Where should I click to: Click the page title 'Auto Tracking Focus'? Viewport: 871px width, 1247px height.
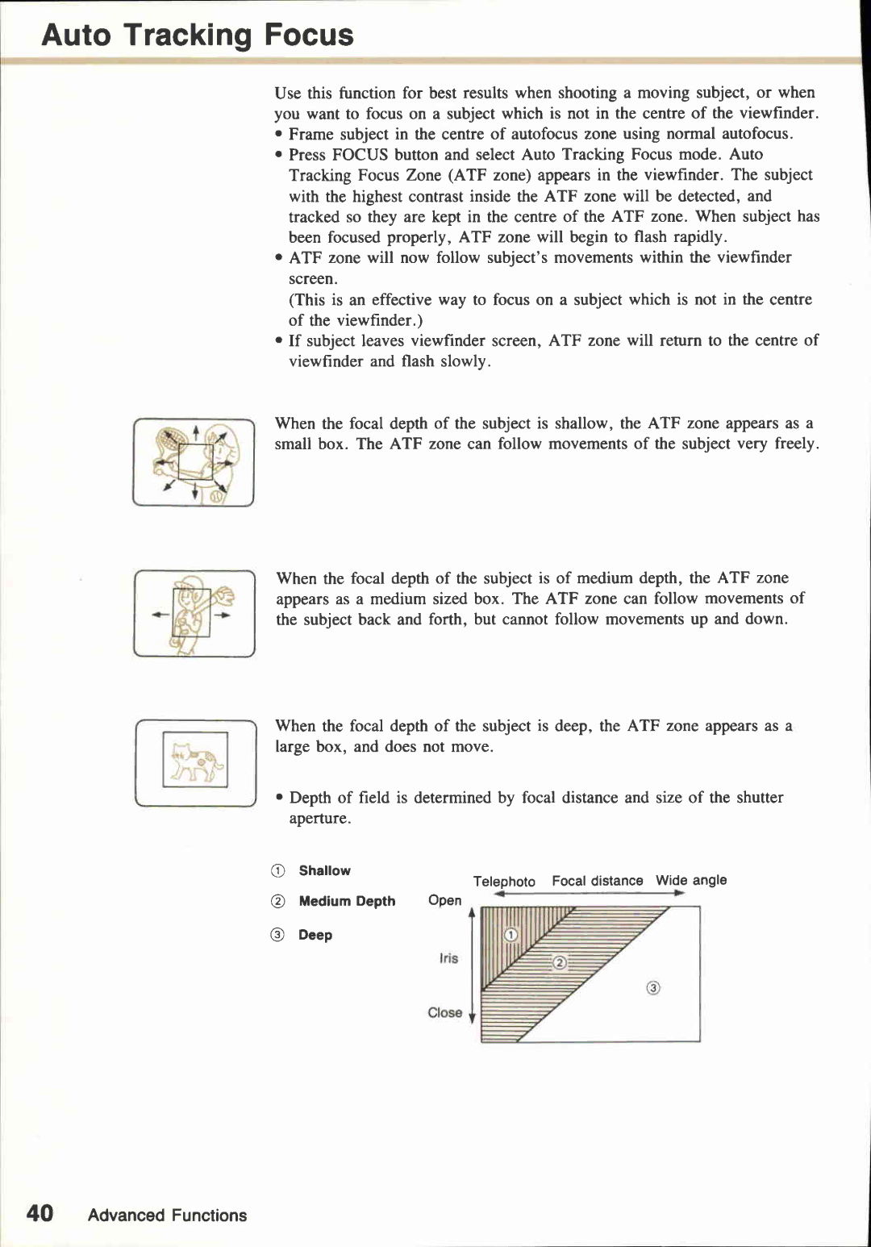pos(198,35)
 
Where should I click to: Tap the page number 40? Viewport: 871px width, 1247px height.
pos(40,1214)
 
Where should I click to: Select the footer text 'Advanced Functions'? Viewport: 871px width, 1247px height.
pos(167,1216)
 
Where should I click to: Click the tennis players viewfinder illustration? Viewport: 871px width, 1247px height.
pos(194,462)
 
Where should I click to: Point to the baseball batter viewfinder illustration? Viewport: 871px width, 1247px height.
pos(194,614)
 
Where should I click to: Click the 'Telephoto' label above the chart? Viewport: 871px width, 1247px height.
pos(504,882)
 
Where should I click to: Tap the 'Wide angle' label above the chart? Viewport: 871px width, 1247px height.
pos(691,880)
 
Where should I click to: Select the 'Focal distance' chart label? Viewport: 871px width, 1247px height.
pos(598,881)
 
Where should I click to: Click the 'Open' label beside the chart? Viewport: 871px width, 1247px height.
pos(445,900)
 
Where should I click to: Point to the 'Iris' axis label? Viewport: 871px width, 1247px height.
pos(448,958)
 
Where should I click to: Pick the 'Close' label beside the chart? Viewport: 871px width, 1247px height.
pos(445,1012)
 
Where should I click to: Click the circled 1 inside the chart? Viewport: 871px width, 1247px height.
pos(511,935)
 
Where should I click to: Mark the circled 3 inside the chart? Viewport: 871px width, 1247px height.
pos(653,988)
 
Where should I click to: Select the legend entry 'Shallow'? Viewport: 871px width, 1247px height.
pos(324,870)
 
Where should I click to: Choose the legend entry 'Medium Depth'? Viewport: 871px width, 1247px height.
pos(347,901)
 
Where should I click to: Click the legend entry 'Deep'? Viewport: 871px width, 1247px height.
pos(315,935)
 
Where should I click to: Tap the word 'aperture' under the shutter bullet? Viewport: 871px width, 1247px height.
pos(319,819)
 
